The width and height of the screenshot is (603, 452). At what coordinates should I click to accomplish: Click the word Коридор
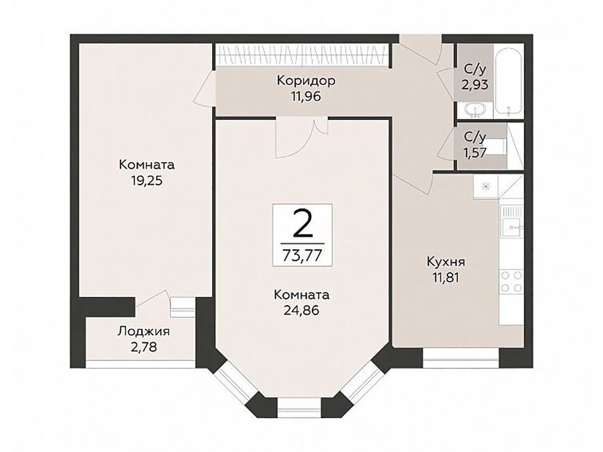click(306, 81)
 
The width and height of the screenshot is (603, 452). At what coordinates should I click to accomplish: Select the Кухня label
click(446, 262)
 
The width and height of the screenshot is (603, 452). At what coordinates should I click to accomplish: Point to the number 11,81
click(446, 278)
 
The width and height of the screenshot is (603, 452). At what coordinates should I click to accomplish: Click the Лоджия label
click(143, 332)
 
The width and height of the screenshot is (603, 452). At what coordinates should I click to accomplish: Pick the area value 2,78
click(144, 347)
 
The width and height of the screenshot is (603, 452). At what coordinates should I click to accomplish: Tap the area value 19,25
click(147, 181)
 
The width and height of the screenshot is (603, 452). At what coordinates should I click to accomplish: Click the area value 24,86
click(301, 310)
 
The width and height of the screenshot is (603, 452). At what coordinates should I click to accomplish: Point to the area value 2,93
click(475, 85)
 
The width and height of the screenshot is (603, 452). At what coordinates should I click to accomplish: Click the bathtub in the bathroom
click(509, 81)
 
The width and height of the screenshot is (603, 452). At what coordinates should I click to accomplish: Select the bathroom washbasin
click(475, 110)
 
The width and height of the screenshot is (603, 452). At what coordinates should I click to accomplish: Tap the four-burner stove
click(512, 282)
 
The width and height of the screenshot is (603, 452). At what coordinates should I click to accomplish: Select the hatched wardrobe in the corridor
click(301, 55)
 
